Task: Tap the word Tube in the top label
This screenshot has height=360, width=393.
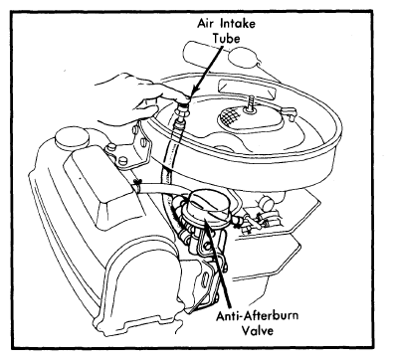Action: [x=226, y=39]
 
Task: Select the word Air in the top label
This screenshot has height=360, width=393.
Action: [x=205, y=24]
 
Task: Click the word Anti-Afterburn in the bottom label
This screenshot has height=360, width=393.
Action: [x=257, y=315]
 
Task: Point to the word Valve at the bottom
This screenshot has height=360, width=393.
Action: [x=258, y=330]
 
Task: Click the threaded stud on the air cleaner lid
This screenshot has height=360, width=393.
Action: [x=249, y=102]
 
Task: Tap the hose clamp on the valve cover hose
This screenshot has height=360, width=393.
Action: [x=138, y=185]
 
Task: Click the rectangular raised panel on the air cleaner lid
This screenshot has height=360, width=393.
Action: [x=246, y=90]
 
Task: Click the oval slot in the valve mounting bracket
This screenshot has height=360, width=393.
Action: [x=209, y=280]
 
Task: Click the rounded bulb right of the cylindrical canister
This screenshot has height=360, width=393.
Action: [x=243, y=58]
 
